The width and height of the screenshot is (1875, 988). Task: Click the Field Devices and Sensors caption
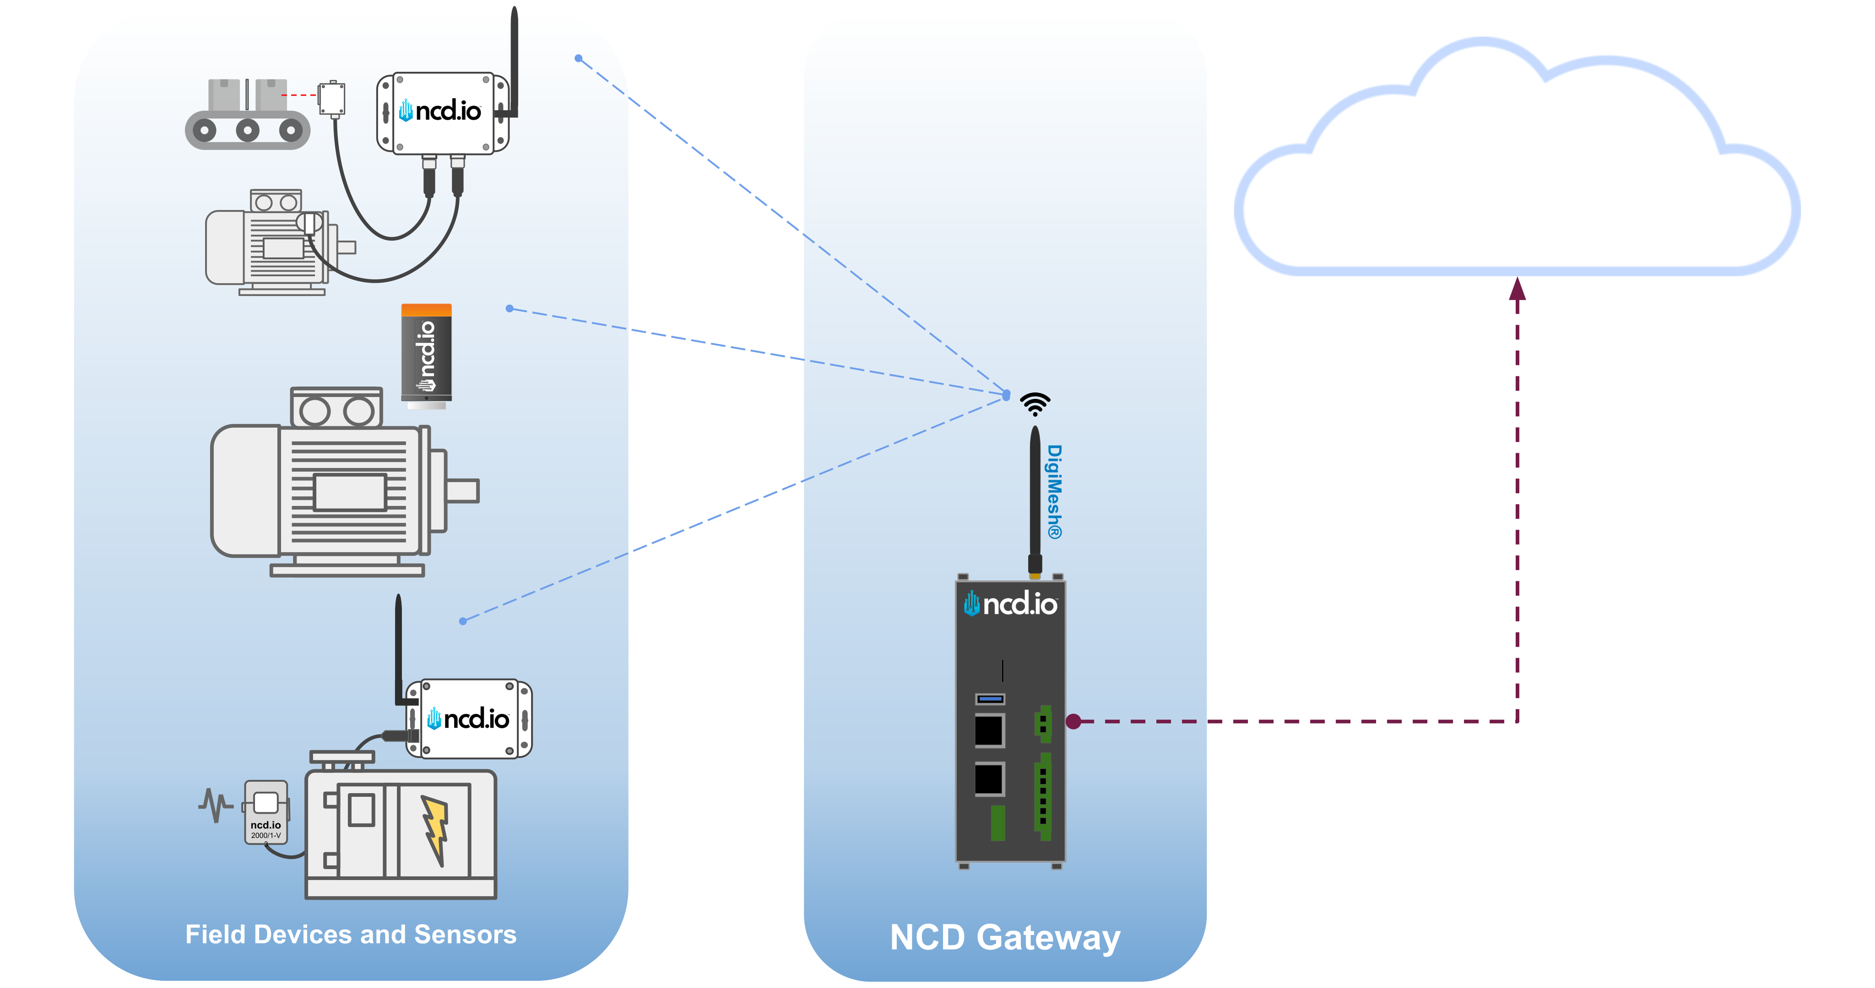[x=350, y=934]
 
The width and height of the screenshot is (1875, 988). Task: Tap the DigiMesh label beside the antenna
[x=1054, y=492]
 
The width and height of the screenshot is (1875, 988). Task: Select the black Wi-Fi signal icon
[x=1034, y=403]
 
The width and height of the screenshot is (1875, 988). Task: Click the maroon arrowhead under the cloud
[x=1517, y=290]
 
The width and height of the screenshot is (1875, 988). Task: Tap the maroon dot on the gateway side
[x=1073, y=721]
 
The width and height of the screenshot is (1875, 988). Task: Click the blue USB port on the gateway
[x=990, y=698]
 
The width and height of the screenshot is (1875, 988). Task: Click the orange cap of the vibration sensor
[x=427, y=311]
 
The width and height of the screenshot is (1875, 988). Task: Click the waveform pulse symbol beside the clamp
[x=215, y=805]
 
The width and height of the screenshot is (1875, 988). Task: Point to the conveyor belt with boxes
[x=248, y=116]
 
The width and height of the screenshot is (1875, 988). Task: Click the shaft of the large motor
[x=462, y=490]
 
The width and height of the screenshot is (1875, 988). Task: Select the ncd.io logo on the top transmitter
[x=441, y=111]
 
